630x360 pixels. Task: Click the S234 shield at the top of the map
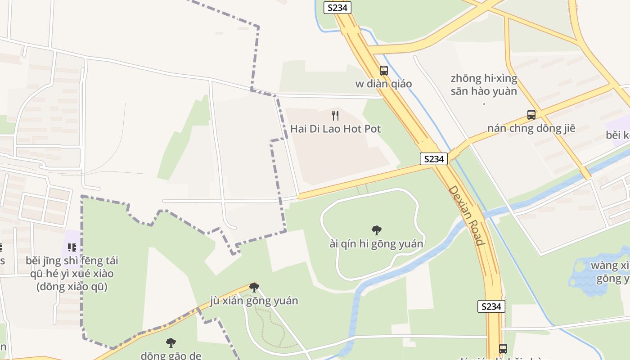point(337,8)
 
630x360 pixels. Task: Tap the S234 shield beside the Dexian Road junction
point(434,159)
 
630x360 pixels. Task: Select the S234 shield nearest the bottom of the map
point(491,306)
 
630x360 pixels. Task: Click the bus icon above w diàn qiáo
point(383,71)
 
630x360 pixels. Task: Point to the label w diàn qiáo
point(383,84)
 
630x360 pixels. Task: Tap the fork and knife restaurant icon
point(335,116)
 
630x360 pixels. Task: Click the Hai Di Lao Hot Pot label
point(335,129)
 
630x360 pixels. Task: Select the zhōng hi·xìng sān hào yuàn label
point(484,85)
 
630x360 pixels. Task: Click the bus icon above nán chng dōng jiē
point(531,115)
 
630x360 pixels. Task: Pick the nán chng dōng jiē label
point(531,128)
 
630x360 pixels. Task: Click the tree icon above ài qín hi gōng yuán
point(377,230)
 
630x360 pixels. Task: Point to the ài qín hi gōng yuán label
point(377,244)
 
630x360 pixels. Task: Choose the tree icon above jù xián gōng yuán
point(254,288)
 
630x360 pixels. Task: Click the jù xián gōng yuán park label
point(254,301)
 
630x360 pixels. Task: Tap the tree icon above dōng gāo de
point(171,343)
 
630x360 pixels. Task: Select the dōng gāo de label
point(171,355)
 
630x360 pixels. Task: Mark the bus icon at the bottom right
point(503,349)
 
